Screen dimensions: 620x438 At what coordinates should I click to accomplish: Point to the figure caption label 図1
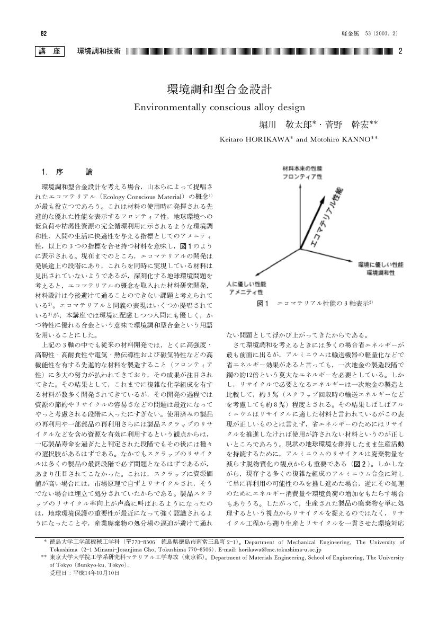tap(263, 303)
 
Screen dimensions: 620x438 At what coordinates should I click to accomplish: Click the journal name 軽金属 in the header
tap(352, 33)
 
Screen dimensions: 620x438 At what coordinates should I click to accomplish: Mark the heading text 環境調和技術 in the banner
tap(99, 51)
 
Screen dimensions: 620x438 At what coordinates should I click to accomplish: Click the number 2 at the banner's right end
tap(400, 51)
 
